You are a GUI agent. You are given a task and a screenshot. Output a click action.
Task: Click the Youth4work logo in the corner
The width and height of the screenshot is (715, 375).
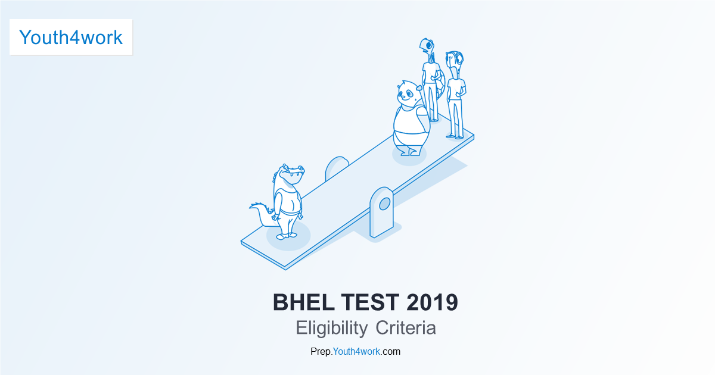point(71,37)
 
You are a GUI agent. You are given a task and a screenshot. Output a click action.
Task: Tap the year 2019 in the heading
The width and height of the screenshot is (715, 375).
point(433,302)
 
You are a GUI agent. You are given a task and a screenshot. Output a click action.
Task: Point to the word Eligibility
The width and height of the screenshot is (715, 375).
point(331,328)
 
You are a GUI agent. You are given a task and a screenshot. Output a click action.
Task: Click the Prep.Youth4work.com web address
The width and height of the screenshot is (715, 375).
point(355,351)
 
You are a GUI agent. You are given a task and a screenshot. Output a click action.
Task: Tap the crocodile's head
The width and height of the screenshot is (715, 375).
point(291,174)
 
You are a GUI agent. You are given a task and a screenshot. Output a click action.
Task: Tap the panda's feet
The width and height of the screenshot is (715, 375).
point(411,152)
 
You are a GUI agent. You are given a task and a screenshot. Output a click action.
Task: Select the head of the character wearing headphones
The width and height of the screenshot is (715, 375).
point(455,60)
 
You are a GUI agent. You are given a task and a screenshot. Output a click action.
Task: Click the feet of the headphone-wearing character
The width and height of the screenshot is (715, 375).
point(456,136)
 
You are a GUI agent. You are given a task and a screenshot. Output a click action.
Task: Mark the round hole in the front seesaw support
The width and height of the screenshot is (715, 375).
point(384,204)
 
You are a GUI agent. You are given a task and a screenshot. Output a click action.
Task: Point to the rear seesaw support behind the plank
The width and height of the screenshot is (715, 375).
point(337,167)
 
